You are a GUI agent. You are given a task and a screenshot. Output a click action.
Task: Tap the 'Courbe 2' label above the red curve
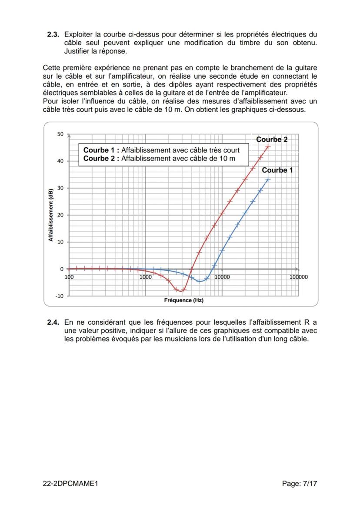tap(272, 140)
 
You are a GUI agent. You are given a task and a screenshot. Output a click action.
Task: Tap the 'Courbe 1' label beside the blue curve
tap(277, 170)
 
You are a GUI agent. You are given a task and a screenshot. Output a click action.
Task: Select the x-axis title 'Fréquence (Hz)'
tap(183, 300)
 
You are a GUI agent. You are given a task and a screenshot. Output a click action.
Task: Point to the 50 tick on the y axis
tap(60, 134)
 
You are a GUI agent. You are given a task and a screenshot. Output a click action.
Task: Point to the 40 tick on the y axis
tap(60, 161)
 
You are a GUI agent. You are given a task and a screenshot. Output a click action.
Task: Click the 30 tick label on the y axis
tap(60, 188)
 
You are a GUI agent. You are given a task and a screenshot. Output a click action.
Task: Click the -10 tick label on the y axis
tap(59, 296)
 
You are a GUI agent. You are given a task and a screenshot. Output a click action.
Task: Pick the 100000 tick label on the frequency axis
tap(299, 277)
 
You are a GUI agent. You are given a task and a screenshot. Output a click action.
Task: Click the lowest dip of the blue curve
tap(200, 281)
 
